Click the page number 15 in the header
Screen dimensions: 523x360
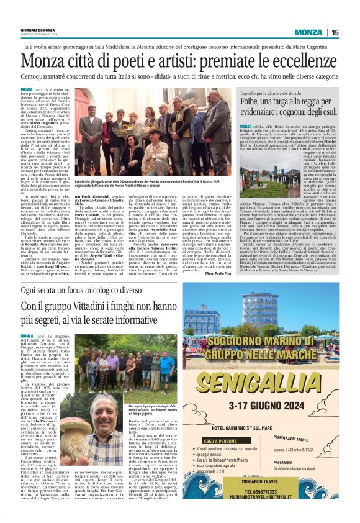point(351,32)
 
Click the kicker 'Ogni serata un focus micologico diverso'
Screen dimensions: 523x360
point(91,290)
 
